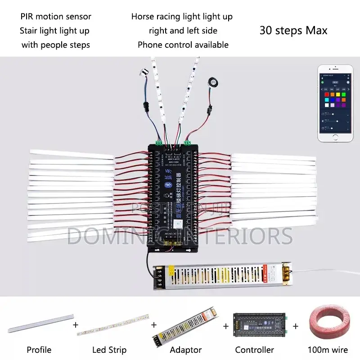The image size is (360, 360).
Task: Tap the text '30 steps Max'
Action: pos(293,31)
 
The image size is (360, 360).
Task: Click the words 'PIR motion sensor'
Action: pos(56,17)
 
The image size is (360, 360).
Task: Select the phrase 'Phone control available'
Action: pos(183,45)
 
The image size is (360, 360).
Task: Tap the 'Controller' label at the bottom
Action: pos(254,350)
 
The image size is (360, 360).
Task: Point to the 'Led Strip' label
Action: pos(109,350)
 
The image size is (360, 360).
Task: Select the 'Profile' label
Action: pos(39,350)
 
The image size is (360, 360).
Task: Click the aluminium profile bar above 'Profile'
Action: pos(40,323)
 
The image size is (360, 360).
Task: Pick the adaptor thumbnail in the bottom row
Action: pos(184,324)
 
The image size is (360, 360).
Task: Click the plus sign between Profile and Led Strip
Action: pos(76,324)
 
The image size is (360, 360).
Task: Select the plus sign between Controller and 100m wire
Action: pos(296,324)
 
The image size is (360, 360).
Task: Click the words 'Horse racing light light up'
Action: pos(182,17)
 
